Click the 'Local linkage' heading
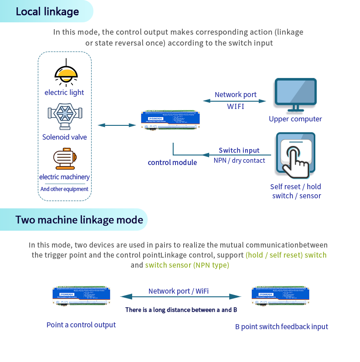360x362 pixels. coord(47,11)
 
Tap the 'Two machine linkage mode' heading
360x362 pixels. coord(79,220)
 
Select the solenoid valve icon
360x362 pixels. coord(64,117)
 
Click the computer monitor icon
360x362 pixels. coord(295,95)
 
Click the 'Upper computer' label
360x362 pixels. coord(295,119)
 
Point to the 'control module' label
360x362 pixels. coord(172,162)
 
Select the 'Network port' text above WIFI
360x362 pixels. coord(236,95)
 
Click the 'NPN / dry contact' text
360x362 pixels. coord(239,160)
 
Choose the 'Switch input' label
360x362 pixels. coord(239,150)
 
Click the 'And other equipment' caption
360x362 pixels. coord(64,189)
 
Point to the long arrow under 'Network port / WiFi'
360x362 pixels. coord(180,297)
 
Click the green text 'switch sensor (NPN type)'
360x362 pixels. coord(187,265)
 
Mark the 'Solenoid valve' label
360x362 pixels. coord(64,137)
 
